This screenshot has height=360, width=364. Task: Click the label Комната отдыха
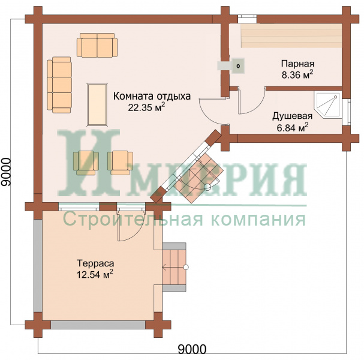[152, 96]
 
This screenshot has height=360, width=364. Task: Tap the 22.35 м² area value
[146, 107]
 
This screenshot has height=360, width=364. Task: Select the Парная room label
[297, 64]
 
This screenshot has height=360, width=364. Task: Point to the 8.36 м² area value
[297, 75]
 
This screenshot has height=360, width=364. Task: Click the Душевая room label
[292, 116]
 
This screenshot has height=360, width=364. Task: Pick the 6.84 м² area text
[293, 128]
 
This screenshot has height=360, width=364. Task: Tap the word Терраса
[95, 263]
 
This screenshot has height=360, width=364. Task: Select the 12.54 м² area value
[95, 274]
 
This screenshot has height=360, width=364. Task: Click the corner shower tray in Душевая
[327, 105]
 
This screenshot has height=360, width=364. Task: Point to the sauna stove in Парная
[237, 66]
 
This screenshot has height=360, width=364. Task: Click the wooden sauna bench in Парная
[291, 35]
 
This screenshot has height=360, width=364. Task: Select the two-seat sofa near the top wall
[97, 45]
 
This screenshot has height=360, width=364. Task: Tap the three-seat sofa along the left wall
[59, 85]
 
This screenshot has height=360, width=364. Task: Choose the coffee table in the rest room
[97, 104]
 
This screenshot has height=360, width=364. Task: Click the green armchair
[86, 163]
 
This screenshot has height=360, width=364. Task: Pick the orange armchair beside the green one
[121, 163]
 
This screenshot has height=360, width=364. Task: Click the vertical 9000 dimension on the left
[5, 172]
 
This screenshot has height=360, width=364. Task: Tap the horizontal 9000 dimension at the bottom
[192, 349]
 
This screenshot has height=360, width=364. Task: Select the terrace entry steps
[174, 267]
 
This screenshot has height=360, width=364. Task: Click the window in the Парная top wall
[247, 19]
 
